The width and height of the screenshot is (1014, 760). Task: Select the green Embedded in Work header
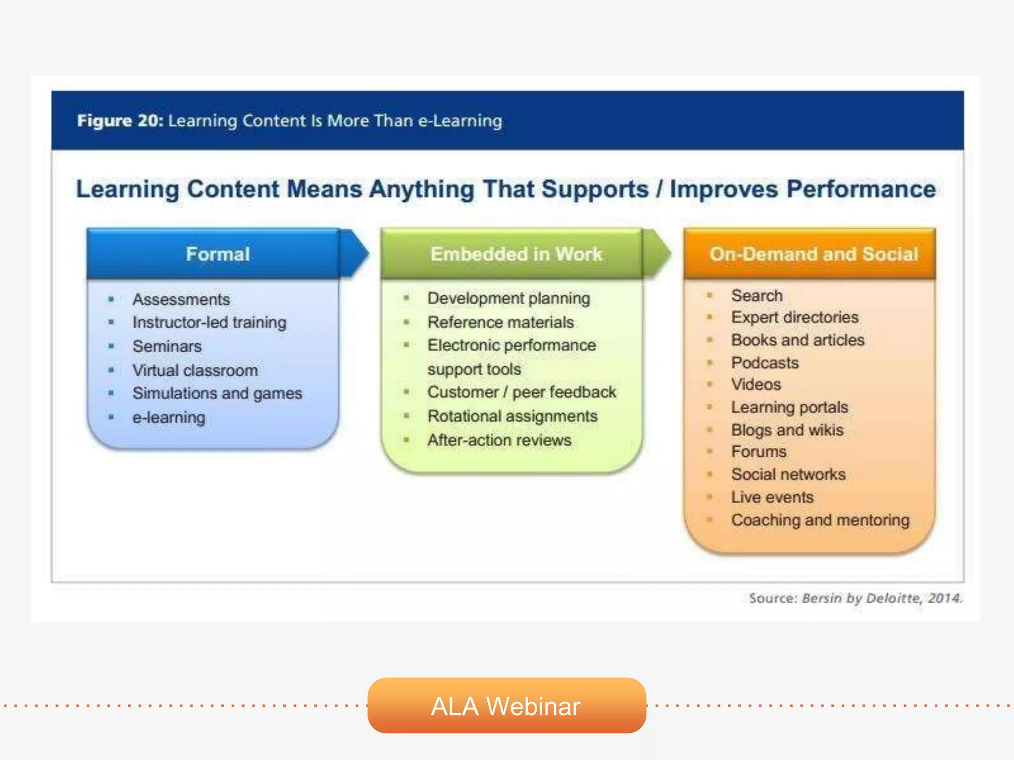(x=516, y=254)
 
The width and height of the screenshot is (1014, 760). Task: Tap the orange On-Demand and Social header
(x=813, y=254)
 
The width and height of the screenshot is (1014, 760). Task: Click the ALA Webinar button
(x=506, y=706)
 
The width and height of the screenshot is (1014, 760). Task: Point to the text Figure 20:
(x=120, y=121)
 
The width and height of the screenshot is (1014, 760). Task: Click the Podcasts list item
(x=764, y=363)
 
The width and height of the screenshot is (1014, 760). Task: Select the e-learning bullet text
(x=168, y=418)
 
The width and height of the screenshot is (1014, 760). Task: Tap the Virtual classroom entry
(x=195, y=370)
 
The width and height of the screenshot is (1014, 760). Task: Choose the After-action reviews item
(x=499, y=440)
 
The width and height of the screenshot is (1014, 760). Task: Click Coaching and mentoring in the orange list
(x=820, y=520)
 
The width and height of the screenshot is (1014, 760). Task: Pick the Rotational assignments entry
(x=512, y=416)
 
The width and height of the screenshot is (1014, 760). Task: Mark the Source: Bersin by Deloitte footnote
(x=856, y=598)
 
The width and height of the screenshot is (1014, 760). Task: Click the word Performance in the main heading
(x=861, y=189)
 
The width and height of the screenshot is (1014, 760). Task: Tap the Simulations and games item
(x=217, y=393)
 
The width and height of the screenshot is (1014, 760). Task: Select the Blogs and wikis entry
(x=787, y=430)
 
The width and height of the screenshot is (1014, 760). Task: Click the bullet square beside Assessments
(x=111, y=299)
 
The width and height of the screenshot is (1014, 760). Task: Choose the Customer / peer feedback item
(x=521, y=392)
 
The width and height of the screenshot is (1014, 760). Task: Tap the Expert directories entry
(x=795, y=317)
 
